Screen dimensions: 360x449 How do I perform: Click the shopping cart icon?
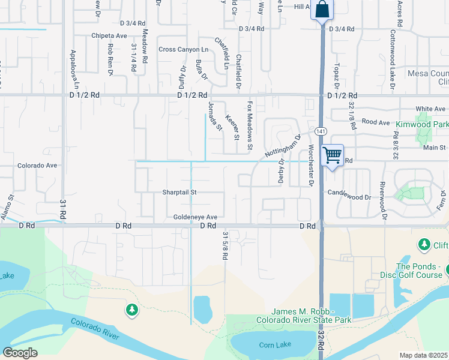coord(332,155)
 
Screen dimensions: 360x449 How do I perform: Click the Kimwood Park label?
coord(422,124)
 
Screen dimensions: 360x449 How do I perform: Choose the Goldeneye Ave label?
coord(195,217)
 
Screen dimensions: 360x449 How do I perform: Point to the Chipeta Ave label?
coord(109,36)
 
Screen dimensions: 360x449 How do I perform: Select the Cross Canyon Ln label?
coord(183,49)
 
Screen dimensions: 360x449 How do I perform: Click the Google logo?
coord(20,353)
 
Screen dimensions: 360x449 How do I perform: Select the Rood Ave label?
coord(376,122)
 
